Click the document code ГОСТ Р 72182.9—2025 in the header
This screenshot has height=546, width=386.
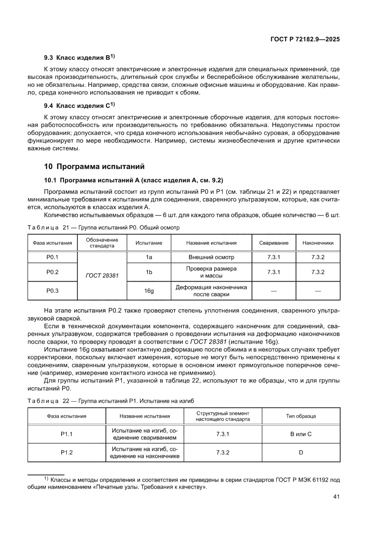click(x=304, y=40)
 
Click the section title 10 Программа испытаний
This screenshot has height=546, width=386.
click(x=94, y=166)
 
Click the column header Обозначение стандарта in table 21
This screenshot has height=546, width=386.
click(x=102, y=242)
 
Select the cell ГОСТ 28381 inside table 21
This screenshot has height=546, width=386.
click(x=102, y=276)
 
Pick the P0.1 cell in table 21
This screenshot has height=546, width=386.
click(x=52, y=257)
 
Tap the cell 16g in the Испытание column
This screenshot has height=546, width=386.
click(x=149, y=291)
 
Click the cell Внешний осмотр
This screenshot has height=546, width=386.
click(x=211, y=257)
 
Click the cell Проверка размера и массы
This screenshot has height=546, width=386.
click(x=211, y=272)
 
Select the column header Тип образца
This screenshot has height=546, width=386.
click(x=301, y=416)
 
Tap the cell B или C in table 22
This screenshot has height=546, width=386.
click(x=301, y=434)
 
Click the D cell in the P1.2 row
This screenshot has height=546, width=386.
click(x=301, y=453)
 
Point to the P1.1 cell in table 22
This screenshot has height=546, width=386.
click(x=67, y=434)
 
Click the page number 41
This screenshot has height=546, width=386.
click(x=336, y=497)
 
